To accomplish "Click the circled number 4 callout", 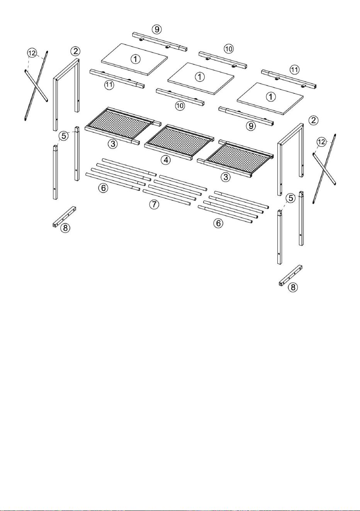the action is click(x=166, y=160).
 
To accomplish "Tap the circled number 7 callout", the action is click(x=154, y=204).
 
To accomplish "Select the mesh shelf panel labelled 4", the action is click(x=180, y=143).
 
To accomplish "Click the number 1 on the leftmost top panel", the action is click(x=136, y=59).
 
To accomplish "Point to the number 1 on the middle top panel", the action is click(x=200, y=76).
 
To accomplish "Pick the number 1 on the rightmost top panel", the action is click(x=271, y=97).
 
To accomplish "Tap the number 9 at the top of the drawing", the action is click(x=157, y=29).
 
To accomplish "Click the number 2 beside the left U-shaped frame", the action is click(x=75, y=51).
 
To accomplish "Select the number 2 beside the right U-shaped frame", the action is click(x=314, y=120).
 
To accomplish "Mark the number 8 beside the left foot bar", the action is click(x=65, y=227).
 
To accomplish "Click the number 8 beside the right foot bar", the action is click(x=293, y=287).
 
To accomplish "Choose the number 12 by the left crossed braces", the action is click(x=32, y=53).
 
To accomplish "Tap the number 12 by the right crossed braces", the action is click(x=321, y=142).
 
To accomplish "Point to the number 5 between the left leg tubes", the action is click(x=64, y=136).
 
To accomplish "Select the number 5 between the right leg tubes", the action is click(x=290, y=198).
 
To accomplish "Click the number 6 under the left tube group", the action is click(x=103, y=188).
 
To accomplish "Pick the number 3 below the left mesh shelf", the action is click(x=113, y=144).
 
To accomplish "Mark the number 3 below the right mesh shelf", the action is click(x=226, y=177).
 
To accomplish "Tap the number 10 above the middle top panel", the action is click(x=229, y=49).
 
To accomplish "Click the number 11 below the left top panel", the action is click(x=109, y=85).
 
